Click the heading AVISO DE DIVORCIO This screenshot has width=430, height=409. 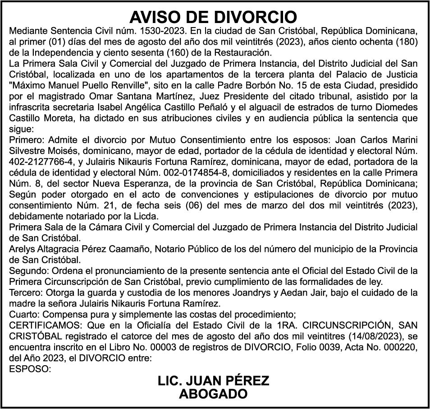[x=214, y=18]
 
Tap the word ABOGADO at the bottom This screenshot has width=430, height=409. [x=214, y=394]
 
